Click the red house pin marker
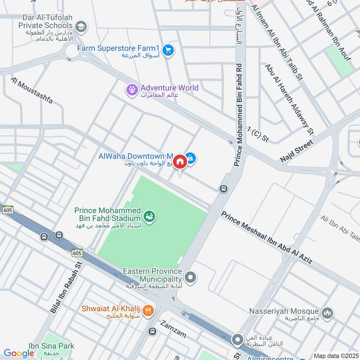180,162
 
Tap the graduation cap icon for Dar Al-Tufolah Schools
81,26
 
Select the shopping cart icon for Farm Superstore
168,50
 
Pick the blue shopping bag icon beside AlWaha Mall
191,158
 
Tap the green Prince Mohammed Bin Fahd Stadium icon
150,216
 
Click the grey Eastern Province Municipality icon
191,277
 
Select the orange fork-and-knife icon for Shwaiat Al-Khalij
148,310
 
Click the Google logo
19,353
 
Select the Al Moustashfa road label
31,90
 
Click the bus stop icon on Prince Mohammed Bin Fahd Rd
223,189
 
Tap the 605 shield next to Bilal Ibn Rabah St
76,253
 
